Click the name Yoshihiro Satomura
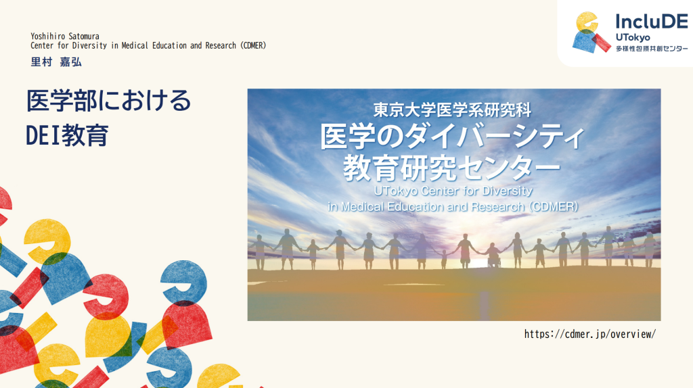point(65,37)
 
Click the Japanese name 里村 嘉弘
point(56,62)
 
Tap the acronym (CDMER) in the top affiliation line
point(253,45)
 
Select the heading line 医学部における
point(109,101)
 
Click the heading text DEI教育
point(67,135)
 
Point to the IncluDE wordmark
point(652,21)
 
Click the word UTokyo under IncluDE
point(633,38)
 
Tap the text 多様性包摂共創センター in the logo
point(652,49)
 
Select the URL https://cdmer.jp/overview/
point(590,334)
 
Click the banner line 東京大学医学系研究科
point(452,110)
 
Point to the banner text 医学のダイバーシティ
point(451,137)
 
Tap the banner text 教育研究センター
point(451,168)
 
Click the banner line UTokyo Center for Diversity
point(453,191)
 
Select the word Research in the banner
point(497,207)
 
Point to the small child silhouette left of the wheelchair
point(444,260)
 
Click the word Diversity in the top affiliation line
point(90,45)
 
